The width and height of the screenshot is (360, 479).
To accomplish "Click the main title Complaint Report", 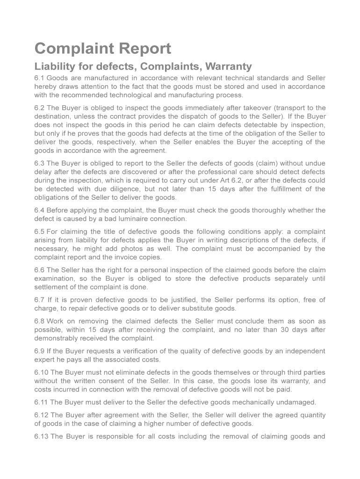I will click(x=103, y=49).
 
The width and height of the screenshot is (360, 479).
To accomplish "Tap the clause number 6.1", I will click(x=39, y=78).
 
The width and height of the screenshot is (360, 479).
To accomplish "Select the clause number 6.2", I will click(x=39, y=108).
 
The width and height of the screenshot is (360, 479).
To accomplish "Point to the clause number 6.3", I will click(x=39, y=163).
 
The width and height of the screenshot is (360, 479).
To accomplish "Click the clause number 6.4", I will click(x=39, y=210).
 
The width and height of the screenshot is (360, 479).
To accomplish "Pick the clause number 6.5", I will click(x=39, y=232).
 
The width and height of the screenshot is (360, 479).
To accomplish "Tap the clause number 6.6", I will click(x=39, y=270).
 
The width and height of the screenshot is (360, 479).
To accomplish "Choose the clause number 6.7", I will click(x=39, y=300).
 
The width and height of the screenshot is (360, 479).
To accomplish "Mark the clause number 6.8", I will click(x=39, y=322).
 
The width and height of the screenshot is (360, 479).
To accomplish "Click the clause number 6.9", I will click(x=39, y=351).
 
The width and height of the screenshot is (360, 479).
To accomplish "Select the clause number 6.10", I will click(x=41, y=373).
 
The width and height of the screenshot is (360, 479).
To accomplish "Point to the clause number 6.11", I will click(x=41, y=402).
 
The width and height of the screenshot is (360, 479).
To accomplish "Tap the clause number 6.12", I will click(x=41, y=415).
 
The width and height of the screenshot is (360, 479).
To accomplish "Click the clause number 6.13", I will click(x=41, y=437).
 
